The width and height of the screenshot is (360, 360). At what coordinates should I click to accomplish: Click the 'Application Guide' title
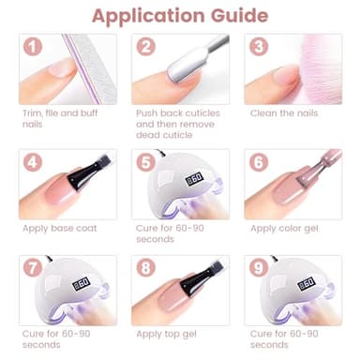180,16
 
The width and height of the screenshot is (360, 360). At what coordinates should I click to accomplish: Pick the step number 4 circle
34,160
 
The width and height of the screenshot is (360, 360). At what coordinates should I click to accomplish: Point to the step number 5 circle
146,160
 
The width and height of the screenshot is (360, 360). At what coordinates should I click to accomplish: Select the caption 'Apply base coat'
60,228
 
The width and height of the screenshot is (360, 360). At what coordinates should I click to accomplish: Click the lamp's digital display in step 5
194,178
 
